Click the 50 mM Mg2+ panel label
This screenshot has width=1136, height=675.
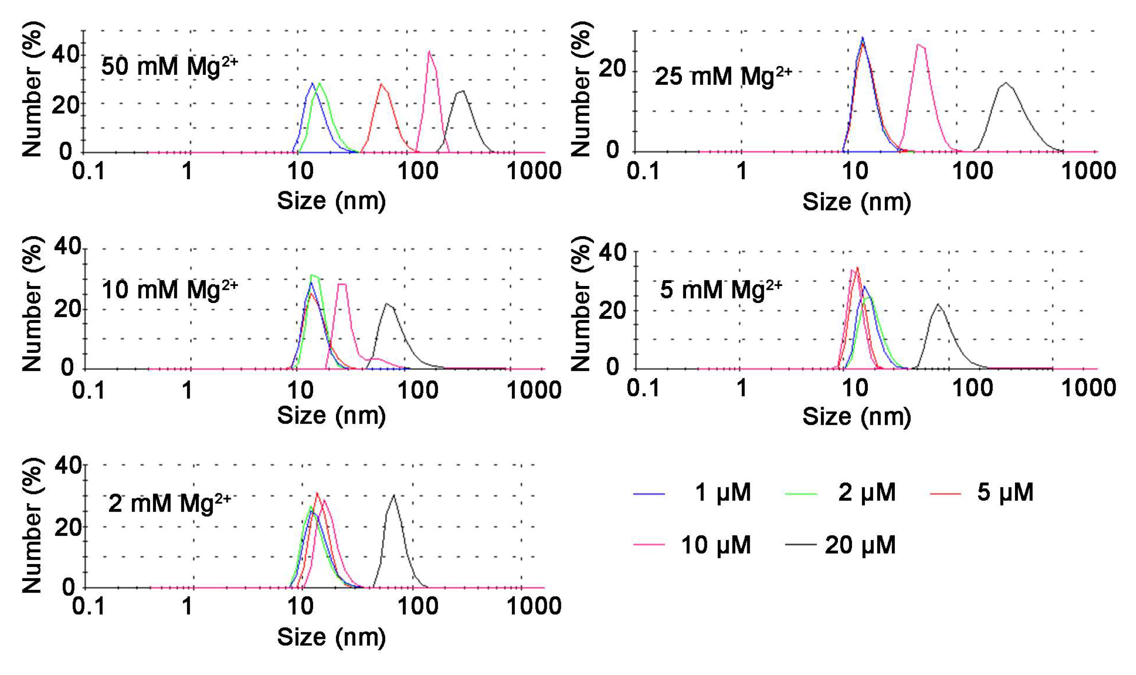click(169, 67)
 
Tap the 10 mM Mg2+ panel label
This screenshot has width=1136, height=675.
click(169, 290)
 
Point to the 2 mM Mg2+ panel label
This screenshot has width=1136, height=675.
click(169, 503)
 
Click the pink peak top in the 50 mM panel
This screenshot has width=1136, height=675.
click(429, 52)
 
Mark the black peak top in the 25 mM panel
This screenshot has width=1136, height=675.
click(1005, 83)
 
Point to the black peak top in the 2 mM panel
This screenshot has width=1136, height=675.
click(393, 495)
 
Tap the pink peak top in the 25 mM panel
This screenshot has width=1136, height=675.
click(919, 44)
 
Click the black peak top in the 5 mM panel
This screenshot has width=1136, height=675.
click(938, 304)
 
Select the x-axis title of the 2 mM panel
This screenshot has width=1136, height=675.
click(331, 637)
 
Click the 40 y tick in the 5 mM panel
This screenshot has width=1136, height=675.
click(612, 252)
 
